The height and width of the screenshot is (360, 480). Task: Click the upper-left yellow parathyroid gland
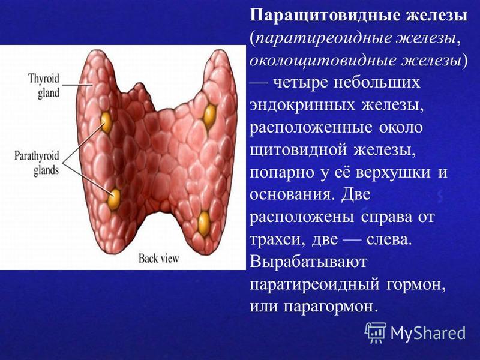[106, 122]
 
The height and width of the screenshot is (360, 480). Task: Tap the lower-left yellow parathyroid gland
[114, 199]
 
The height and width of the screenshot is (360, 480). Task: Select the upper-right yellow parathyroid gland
[209, 116]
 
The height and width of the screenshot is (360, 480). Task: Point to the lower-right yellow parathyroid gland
[204, 224]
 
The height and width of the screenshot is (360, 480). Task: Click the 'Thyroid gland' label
[44, 86]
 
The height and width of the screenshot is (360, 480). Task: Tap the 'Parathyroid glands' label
[37, 163]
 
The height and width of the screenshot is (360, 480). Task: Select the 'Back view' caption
[158, 259]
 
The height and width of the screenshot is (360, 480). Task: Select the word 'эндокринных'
[302, 106]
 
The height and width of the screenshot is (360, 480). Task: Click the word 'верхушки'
[393, 173]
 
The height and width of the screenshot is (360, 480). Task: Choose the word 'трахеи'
[278, 240]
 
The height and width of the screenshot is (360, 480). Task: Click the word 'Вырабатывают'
[308, 263]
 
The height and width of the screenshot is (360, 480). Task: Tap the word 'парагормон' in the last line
[329, 307]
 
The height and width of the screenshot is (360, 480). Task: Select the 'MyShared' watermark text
[428, 333]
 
